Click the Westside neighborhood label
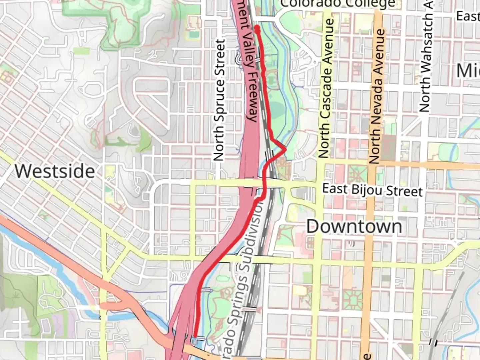point(55,171)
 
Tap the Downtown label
point(354,227)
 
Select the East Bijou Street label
point(372,190)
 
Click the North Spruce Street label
point(219,100)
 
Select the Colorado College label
point(338,4)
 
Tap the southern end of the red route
point(194,336)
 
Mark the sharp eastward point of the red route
point(285,149)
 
